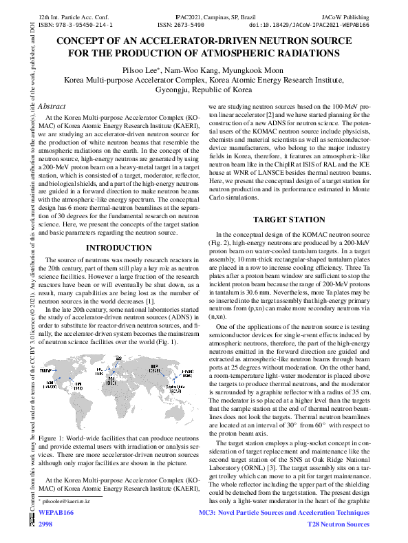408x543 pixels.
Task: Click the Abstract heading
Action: [x=52, y=107]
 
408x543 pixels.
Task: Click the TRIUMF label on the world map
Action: [x=45, y=370]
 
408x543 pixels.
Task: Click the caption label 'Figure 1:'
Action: [x=54, y=438]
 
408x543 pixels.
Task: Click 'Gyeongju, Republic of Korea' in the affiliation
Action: [x=204, y=89]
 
